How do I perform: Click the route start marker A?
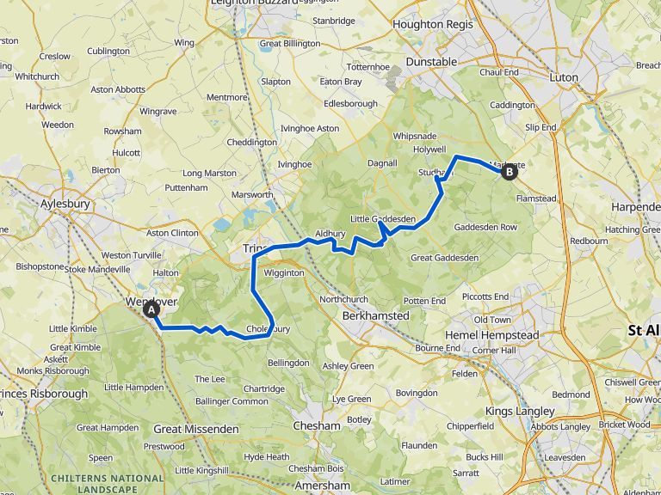click(x=151, y=309)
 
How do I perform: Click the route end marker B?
click(x=510, y=172)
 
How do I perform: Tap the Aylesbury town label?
click(x=65, y=205)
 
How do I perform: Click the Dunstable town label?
click(x=430, y=62)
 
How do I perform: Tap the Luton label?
click(x=565, y=77)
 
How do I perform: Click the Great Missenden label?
click(x=196, y=429)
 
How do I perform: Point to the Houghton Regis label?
click(x=432, y=25)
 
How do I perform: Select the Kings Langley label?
click(x=520, y=412)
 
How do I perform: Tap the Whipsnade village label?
click(x=415, y=137)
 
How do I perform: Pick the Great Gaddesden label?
click(x=444, y=258)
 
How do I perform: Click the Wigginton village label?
click(x=284, y=273)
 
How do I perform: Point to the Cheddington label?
click(x=251, y=143)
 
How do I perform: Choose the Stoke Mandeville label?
click(x=98, y=269)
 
